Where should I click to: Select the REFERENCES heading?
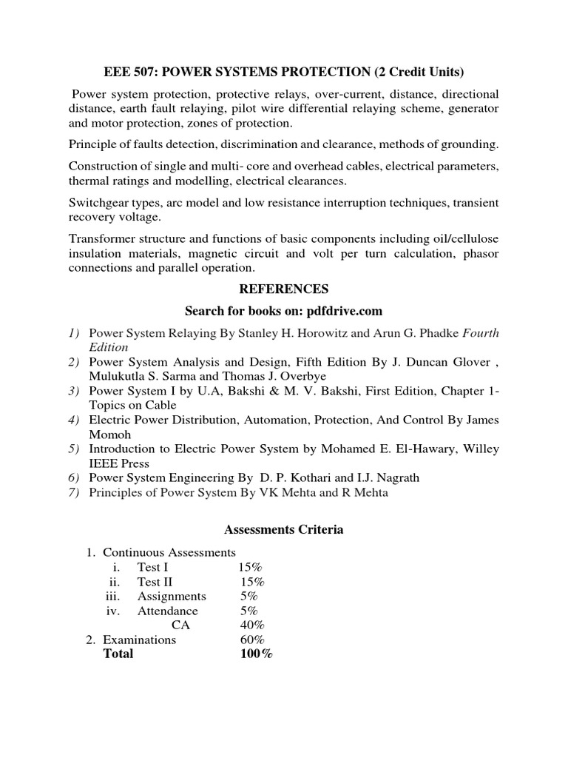(284, 288)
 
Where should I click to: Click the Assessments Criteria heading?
(283, 530)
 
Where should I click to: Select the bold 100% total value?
(256, 654)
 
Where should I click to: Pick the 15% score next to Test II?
(252, 582)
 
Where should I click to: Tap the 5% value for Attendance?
(248, 611)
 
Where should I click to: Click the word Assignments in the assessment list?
(172, 596)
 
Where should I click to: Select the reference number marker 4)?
(75, 420)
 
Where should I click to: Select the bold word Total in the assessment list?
(118, 654)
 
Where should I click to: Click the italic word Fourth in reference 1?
(481, 333)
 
